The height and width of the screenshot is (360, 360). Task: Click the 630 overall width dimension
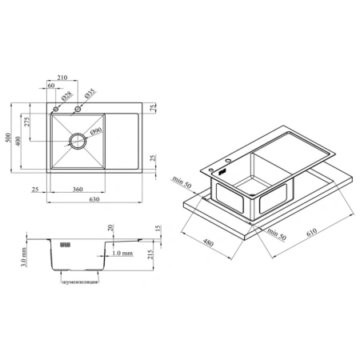[x=94, y=199]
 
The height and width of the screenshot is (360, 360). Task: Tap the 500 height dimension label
[x=9, y=138]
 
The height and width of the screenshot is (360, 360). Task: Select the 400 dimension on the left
[x=18, y=141]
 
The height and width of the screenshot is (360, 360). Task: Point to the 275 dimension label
[x=27, y=122]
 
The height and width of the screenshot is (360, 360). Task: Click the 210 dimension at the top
[x=62, y=78]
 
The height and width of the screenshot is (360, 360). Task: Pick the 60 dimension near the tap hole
[x=51, y=86]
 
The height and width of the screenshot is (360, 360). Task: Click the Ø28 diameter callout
[x=66, y=96]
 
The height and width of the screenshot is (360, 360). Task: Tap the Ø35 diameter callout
[x=90, y=94]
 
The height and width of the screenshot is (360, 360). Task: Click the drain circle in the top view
[x=78, y=133]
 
